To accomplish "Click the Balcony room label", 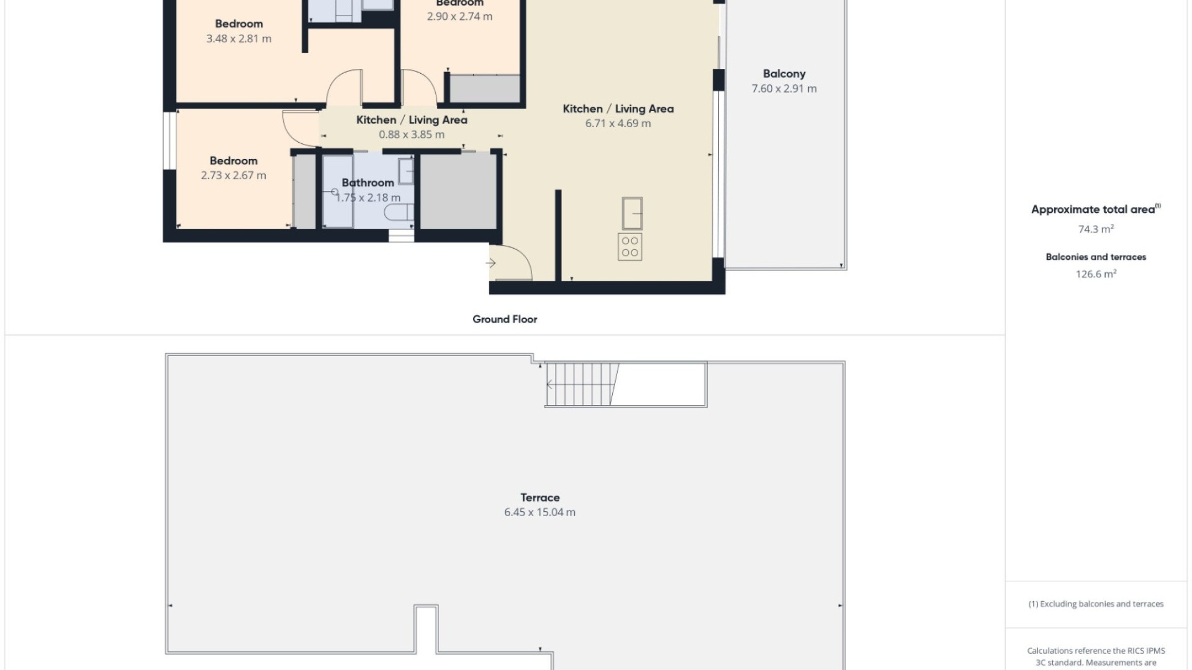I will (x=783, y=74).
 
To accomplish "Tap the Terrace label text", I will (x=540, y=498).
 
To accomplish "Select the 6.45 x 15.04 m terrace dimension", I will (x=540, y=512).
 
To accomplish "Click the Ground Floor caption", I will (x=504, y=319).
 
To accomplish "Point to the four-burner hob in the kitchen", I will (x=630, y=246).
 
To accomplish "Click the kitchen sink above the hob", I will (x=632, y=213).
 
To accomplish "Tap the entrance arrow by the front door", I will (x=490, y=263).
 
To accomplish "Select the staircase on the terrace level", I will (x=582, y=385).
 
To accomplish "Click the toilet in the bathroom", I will (x=398, y=213).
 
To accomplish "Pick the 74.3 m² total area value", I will (x=1096, y=229).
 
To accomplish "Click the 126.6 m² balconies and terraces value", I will (x=1096, y=274).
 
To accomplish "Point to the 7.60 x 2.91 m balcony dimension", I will (x=783, y=89).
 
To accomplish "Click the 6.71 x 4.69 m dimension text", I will (x=618, y=123).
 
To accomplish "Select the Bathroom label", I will (x=368, y=183).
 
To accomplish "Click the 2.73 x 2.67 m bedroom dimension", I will (x=233, y=176).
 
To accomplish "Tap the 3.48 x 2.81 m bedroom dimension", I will (x=238, y=38).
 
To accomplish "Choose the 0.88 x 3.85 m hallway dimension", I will (x=412, y=135).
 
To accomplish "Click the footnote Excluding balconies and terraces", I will (x=1096, y=604).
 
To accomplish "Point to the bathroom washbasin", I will (x=405, y=171).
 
